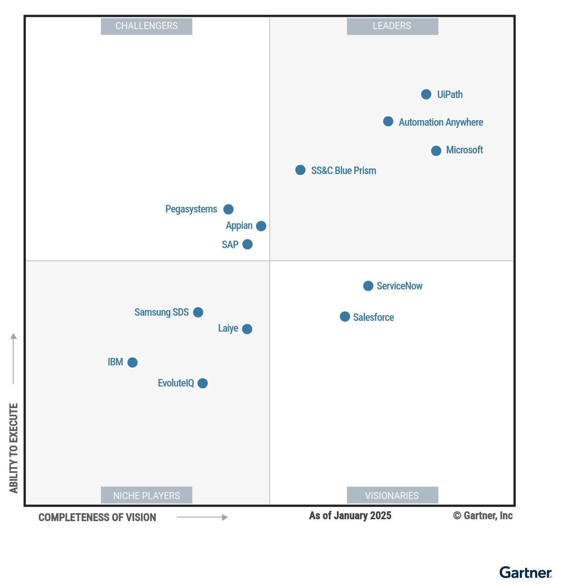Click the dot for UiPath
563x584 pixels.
click(x=426, y=94)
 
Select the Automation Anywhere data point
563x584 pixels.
click(x=388, y=121)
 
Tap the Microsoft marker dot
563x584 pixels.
click(x=436, y=151)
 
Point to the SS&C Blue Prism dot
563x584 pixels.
click(x=300, y=170)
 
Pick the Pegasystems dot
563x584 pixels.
click(x=228, y=209)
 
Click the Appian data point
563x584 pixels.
click(x=261, y=226)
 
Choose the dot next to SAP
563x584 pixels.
click(x=247, y=244)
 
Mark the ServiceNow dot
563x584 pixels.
click(x=368, y=286)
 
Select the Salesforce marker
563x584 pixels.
click(x=345, y=317)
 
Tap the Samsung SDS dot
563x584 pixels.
click(x=198, y=312)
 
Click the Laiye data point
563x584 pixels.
click(x=247, y=329)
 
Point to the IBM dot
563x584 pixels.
click(x=133, y=362)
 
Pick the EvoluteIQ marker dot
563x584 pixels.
click(x=203, y=383)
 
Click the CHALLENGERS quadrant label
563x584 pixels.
click(x=146, y=26)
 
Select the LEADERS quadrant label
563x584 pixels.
click(x=392, y=26)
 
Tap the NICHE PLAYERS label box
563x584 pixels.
click(x=146, y=495)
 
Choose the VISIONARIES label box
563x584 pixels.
click(x=392, y=495)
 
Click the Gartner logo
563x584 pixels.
click(x=525, y=573)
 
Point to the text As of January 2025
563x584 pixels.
click(x=350, y=516)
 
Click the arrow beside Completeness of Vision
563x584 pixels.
click(x=202, y=517)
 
